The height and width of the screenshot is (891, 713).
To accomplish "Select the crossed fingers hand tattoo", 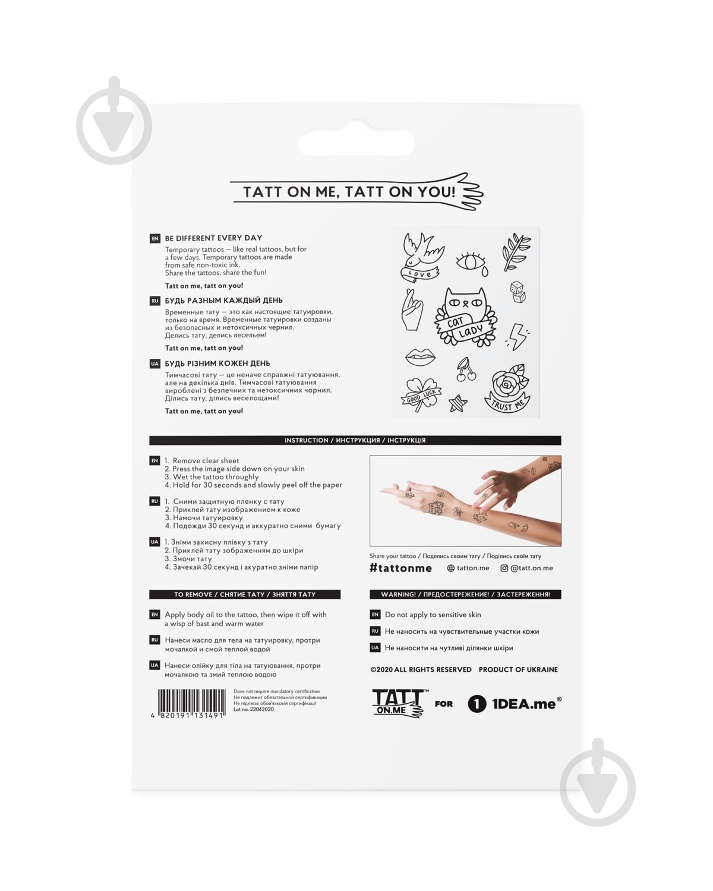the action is pos(412,309).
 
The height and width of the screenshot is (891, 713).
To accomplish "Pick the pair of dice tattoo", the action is pos(518,292).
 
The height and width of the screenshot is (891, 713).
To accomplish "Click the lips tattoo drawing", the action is pos(420,356).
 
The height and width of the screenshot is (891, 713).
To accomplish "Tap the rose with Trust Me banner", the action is pos(507,388).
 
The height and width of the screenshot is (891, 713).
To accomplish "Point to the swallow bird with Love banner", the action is pos(421,258).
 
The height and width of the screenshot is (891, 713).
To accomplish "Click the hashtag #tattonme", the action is pos(400,568).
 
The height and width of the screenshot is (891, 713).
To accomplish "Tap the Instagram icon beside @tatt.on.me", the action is pos(504,568).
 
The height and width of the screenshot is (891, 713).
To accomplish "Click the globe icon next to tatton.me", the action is pos(451,568).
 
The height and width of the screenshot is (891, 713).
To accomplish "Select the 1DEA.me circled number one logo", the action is pos(477,704).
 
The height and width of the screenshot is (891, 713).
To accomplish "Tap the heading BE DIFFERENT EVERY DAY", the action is pos(213,238).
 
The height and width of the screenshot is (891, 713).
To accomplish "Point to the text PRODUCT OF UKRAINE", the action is pos(518,669).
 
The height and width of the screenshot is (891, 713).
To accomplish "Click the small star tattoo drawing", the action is pos(458,403).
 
